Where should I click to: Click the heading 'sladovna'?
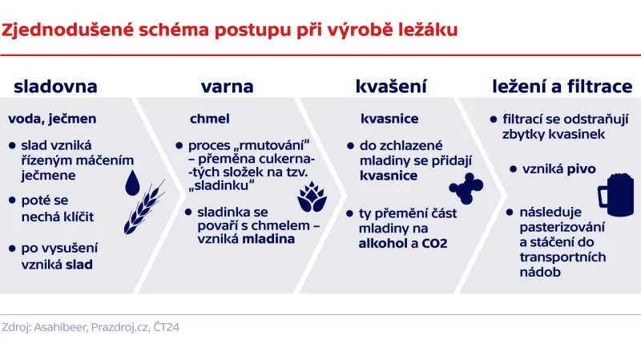click(55, 87)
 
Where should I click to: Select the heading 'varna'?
click(227, 87)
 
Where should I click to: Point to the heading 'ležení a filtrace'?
click(562, 87)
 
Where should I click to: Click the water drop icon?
click(133, 183)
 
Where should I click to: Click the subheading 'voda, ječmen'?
click(52, 119)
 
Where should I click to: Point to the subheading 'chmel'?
click(209, 119)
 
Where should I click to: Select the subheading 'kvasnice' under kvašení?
click(389, 119)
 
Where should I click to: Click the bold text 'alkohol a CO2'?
click(402, 243)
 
